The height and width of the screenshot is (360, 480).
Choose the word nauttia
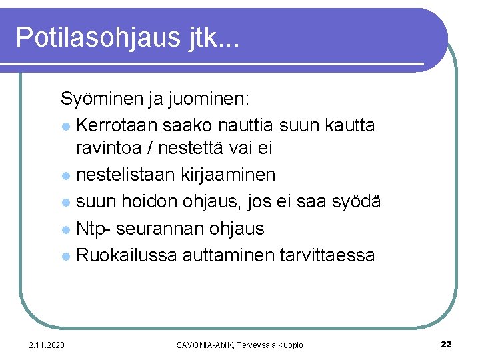[253, 125]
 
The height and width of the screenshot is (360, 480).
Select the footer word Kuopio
[287, 345]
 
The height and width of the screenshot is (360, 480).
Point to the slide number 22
[446, 345]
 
